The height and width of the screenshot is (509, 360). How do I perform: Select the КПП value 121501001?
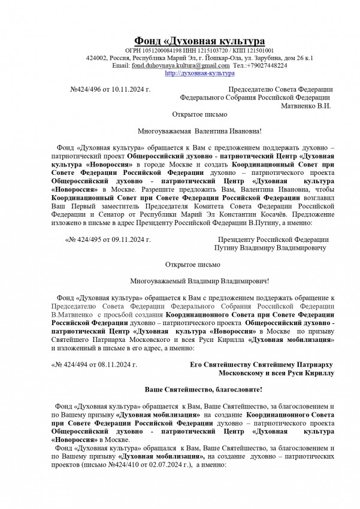(260, 51)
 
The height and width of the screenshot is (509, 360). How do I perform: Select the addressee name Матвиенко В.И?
(305, 105)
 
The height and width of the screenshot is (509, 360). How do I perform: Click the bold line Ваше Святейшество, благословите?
(203, 389)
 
